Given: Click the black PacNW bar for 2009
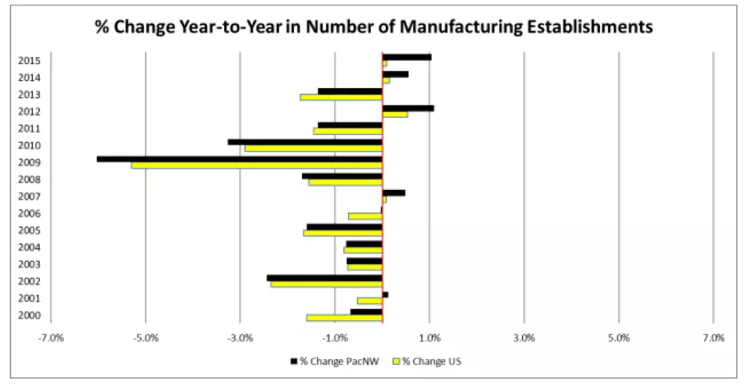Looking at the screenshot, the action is coord(240,159).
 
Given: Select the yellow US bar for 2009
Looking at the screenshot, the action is coord(257,166).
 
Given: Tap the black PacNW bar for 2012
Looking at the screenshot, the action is coord(409,108).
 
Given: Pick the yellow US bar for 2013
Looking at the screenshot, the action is coord(341,97).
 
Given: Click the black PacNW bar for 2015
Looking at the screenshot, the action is coord(407,57).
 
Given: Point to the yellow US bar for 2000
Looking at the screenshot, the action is coord(345,318).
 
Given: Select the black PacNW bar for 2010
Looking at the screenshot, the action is coord(305,141).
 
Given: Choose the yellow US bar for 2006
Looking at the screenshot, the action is coord(366,217).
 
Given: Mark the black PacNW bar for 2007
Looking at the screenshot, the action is coord(394,193).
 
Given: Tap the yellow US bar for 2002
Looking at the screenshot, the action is coord(326,284).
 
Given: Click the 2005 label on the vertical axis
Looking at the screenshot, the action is coord(29,231).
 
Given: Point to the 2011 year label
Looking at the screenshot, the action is coord(29,128).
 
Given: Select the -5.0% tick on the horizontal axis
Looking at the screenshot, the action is coord(146,338).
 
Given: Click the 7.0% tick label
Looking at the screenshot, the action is coord(714,338).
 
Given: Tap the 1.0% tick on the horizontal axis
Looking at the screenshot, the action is coord(430,338).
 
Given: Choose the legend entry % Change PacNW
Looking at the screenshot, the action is coord(334,361).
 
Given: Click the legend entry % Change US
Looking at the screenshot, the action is coord(426,361).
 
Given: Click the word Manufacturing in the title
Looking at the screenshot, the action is coord(461,26).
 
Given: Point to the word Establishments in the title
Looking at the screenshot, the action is coord(590,26).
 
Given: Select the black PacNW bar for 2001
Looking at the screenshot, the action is coord(385,295).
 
